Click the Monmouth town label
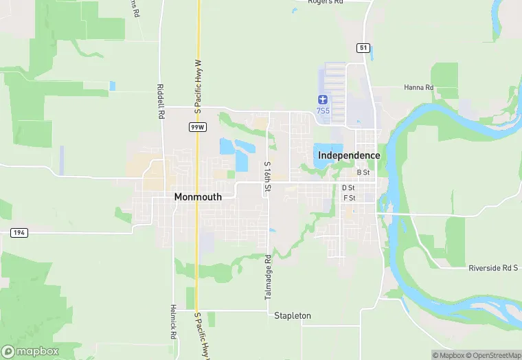pos(198,196)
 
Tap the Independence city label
pos(349,155)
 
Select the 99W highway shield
pos(198,128)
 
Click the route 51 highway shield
pos(363,47)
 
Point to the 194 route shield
pos(19,234)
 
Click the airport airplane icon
pos(322,100)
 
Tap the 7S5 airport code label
pos(322,111)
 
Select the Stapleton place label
pos(293,316)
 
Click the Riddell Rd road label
pos(160,102)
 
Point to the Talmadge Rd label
pos(268,277)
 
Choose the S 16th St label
pos(267,177)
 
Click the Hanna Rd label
pos(418,88)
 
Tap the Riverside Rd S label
pos(492,267)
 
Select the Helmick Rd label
pos(174,322)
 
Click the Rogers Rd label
pos(325,3)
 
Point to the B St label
pos(363,172)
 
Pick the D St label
pos(348,188)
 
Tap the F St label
pos(349,198)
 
